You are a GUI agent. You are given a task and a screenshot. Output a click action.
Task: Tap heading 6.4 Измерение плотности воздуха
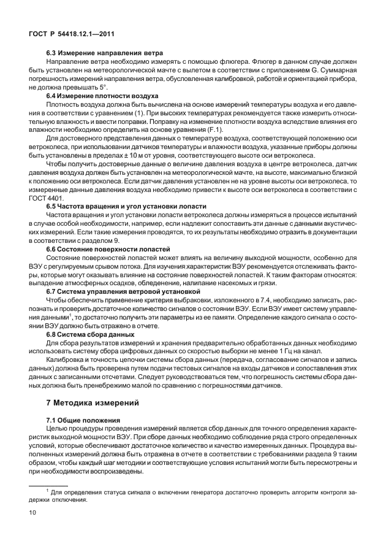(x=103, y=96)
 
